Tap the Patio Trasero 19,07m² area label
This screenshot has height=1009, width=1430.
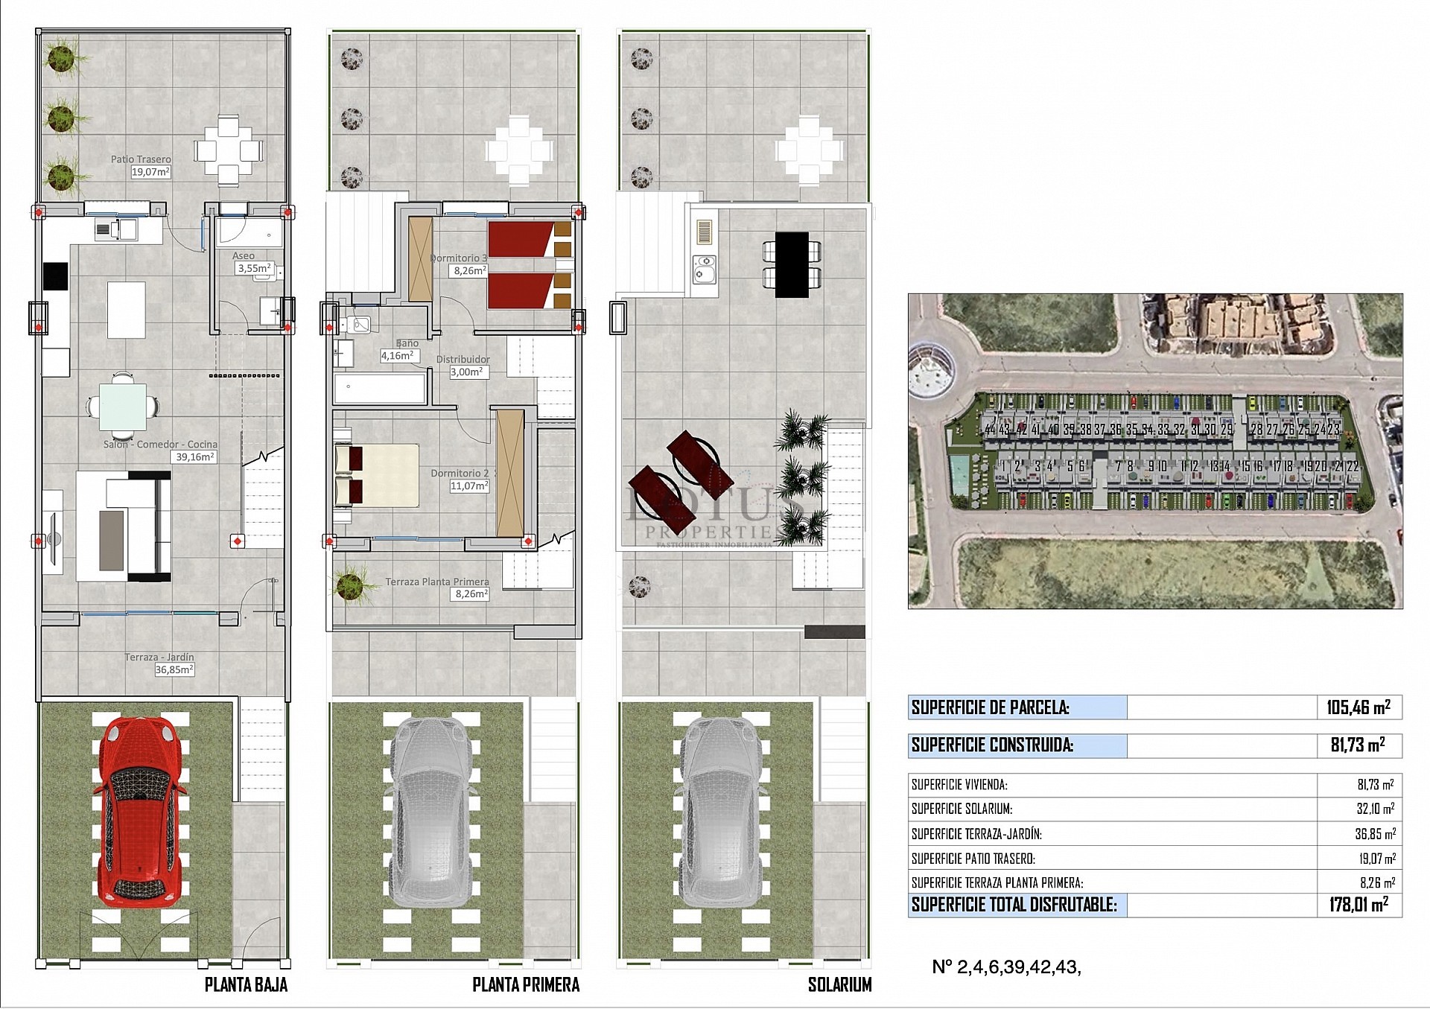tap(150, 172)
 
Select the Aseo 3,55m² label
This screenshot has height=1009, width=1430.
tap(253, 267)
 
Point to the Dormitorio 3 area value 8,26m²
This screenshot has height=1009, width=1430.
tap(470, 271)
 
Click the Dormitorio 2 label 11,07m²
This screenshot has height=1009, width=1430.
tap(469, 486)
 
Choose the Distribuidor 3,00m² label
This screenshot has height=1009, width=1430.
tap(468, 372)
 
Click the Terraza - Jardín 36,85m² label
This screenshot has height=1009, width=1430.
tap(174, 669)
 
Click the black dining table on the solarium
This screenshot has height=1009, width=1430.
tap(791, 264)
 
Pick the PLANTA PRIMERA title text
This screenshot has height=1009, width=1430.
tap(525, 984)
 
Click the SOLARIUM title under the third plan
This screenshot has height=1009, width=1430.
tap(839, 984)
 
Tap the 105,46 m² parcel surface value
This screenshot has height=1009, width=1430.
tap(1358, 707)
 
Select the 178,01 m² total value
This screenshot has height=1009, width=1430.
tap(1358, 905)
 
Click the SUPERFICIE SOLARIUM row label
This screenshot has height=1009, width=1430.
tap(962, 809)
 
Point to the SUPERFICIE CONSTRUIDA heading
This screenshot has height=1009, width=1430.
tap(993, 745)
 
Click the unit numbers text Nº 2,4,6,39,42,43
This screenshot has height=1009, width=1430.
tap(1005, 967)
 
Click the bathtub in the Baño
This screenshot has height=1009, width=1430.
tap(379, 389)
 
